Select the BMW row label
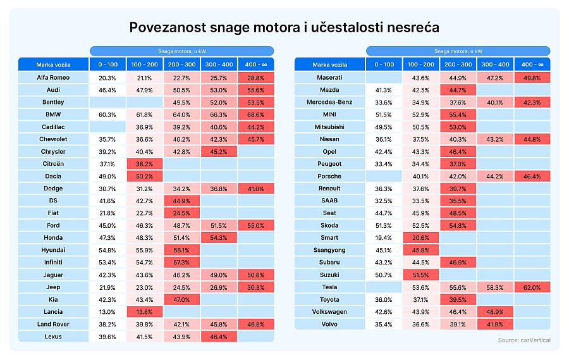pyautogui.click(x=53, y=115)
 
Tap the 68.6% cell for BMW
pyautogui.click(x=255, y=115)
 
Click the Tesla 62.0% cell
pyautogui.click(x=532, y=287)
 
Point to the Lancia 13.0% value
pyautogui.click(x=107, y=312)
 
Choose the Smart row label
pyautogui.click(x=329, y=238)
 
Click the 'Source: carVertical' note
pyautogui.click(x=524, y=340)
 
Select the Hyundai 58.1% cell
pyautogui.click(x=181, y=251)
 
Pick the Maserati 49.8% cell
pyautogui.click(x=532, y=78)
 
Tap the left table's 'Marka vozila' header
pyautogui.click(x=53, y=65)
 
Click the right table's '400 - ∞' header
pyautogui.click(x=532, y=65)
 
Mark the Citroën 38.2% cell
pyautogui.click(x=145, y=164)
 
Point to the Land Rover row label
pyautogui.click(x=53, y=325)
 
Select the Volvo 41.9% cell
pyautogui.click(x=495, y=325)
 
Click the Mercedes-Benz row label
pyautogui.click(x=329, y=102)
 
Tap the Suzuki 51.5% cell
pyautogui.click(x=421, y=275)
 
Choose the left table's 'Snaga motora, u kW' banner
pyautogui.click(x=181, y=51)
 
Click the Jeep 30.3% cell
pyautogui.click(x=255, y=287)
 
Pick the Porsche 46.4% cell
pyautogui.click(x=532, y=177)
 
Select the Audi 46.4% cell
pyautogui.click(x=107, y=90)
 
